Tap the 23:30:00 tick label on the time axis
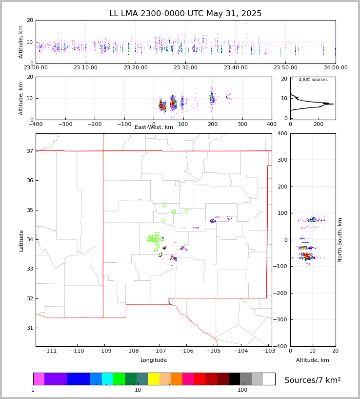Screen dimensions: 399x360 [185, 68]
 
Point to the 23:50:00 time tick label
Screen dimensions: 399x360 [286, 68]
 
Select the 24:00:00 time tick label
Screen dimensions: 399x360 [336, 68]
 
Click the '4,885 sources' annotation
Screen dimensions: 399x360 [313, 80]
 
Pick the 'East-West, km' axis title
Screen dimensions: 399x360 [154, 127]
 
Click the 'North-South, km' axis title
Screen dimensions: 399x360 [340, 240]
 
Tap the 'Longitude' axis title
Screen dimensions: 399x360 [154, 360]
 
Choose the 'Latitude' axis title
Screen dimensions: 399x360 [21, 240]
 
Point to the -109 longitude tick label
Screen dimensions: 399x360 [103, 351]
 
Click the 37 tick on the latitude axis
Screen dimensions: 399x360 [29, 151]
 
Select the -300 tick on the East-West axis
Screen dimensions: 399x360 [65, 124]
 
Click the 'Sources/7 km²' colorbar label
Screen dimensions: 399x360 [313, 380]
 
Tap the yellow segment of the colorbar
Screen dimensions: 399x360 [154, 379]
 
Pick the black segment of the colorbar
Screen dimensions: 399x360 [234, 379]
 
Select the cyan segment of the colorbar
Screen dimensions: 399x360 [107, 379]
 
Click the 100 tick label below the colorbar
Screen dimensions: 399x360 [242, 390]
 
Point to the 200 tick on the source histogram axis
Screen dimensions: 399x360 [319, 124]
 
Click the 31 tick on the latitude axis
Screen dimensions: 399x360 [29, 328]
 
